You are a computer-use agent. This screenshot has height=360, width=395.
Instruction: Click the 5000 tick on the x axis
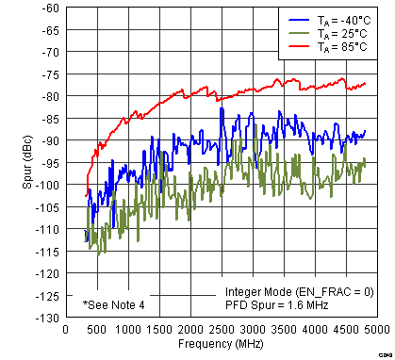pos(379,330)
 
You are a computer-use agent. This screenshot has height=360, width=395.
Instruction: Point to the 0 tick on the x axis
pos(64,330)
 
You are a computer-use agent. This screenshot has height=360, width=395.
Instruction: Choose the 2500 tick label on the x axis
pos(222,330)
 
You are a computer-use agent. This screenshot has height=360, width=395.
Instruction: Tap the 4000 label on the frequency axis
pos(316,330)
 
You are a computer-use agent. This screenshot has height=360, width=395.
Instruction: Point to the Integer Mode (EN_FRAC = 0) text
pos(299,292)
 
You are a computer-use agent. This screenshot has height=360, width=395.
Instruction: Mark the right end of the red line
pos(365,84)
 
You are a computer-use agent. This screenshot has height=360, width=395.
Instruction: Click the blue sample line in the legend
pos(298,19)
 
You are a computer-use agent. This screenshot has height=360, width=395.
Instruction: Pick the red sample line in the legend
pos(298,45)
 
